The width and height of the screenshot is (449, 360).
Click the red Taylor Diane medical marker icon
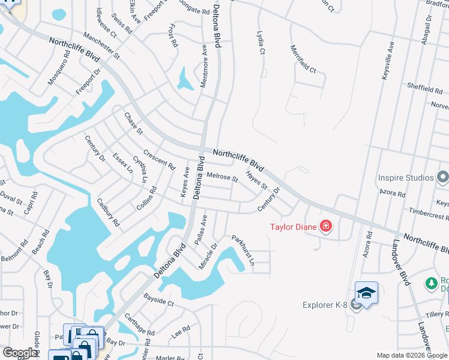pyautogui.click(x=326, y=226)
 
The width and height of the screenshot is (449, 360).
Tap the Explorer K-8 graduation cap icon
pyautogui.click(x=366, y=293)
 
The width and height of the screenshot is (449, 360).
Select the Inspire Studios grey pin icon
pyautogui.click(x=443, y=177)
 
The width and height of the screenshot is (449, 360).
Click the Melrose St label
pyautogui.click(x=222, y=178)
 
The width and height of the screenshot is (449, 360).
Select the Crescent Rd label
pyautogui.click(x=159, y=158)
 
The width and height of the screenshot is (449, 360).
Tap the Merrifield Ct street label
pyautogui.click(x=303, y=59)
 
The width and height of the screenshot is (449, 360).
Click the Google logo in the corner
pyautogui.click(x=20, y=353)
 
